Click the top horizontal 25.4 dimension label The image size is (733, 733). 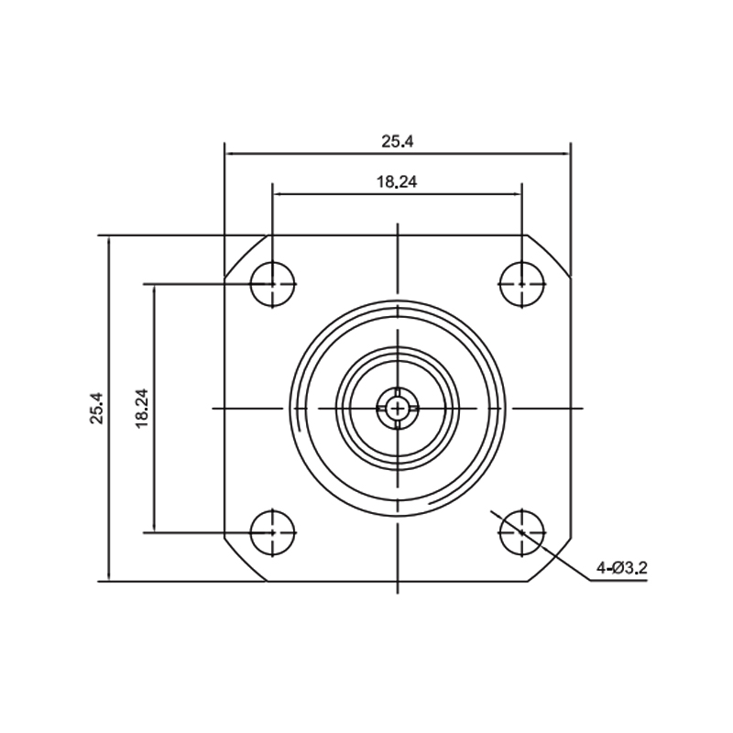pos(398,141)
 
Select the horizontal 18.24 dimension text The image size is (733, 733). pos(397,181)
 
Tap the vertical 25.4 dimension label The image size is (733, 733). pos(97,408)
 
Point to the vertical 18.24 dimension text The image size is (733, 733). pos(142,408)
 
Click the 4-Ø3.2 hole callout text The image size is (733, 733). pos(622,568)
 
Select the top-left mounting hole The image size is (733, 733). pos(273,284)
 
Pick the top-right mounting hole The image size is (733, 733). pos(522,284)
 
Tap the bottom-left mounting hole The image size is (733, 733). pos(273,532)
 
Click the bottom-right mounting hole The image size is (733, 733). pos(522,532)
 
